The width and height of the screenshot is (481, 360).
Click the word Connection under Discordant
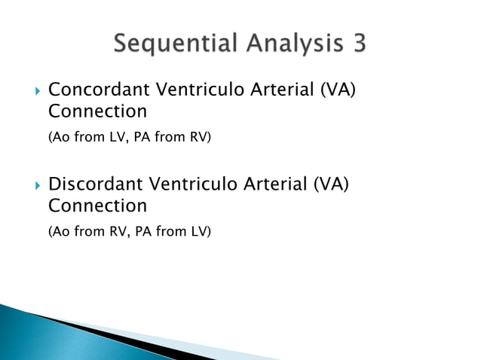click(x=97, y=206)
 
